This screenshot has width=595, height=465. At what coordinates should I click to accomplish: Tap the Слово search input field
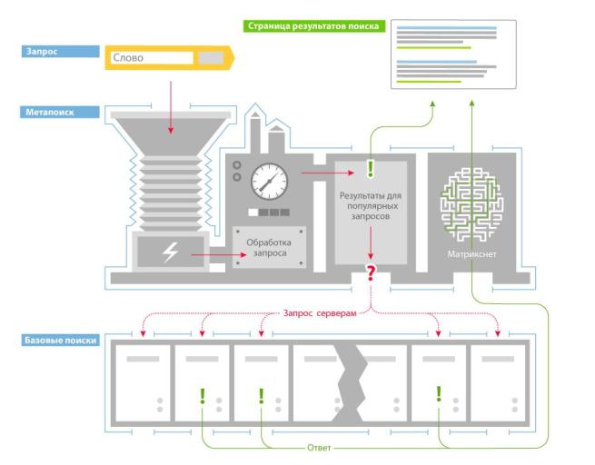click(x=152, y=58)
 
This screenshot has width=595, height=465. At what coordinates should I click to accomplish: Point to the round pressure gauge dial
click(x=267, y=180)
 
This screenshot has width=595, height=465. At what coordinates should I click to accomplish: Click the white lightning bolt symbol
click(x=171, y=253)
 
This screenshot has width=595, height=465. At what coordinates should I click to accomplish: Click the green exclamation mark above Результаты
click(x=370, y=168)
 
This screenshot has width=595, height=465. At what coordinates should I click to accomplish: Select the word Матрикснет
click(x=471, y=255)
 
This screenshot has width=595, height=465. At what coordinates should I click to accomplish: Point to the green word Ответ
click(x=318, y=448)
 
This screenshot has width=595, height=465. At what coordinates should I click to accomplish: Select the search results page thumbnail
click(x=446, y=54)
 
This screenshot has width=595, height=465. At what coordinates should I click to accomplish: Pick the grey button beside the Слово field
click(x=210, y=58)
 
